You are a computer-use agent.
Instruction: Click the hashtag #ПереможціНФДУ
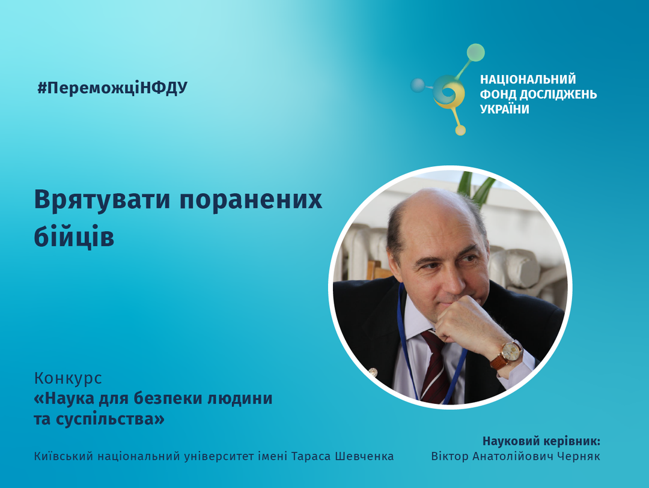[112, 88]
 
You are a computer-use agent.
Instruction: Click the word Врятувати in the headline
[102, 200]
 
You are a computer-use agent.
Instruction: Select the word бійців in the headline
[74, 236]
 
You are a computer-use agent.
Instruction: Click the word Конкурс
[68, 378]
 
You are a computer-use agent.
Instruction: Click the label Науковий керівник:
[541, 441]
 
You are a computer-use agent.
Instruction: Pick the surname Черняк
[579, 456]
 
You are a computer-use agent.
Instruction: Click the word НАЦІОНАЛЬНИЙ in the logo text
[528, 79]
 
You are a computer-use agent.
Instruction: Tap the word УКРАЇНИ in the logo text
[505, 109]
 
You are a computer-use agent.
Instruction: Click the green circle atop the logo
[475, 53]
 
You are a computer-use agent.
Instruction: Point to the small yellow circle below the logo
[460, 130]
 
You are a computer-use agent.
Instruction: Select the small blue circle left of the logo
[418, 85]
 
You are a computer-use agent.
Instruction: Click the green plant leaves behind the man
[476, 188]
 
